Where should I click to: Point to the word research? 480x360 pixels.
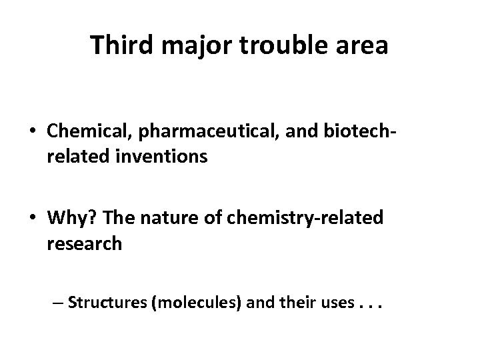(85, 243)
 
